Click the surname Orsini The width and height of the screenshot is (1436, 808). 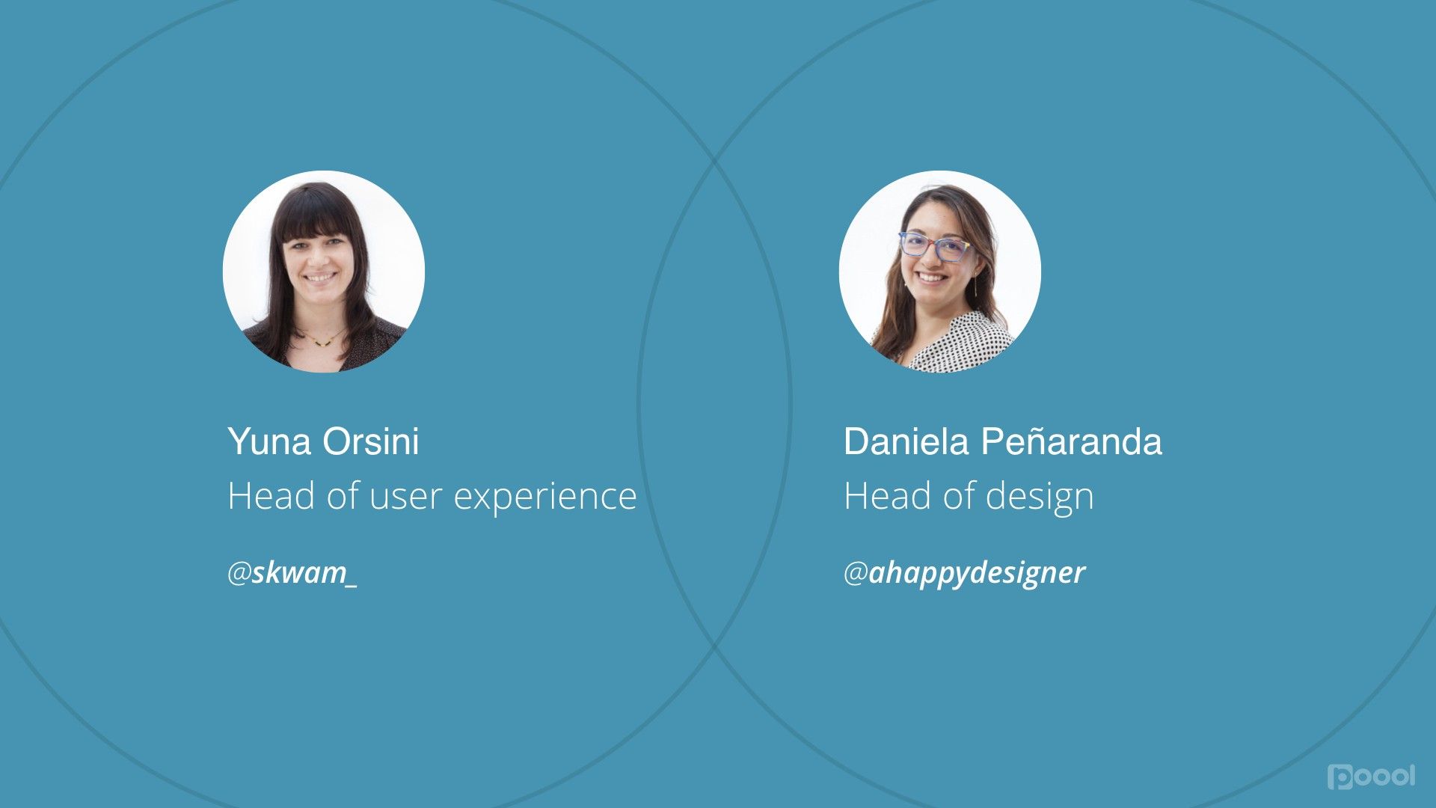[x=371, y=441]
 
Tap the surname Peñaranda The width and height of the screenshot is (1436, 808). [x=1072, y=441]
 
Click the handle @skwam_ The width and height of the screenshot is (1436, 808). [x=292, y=573]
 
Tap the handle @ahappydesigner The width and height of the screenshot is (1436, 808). [x=965, y=574]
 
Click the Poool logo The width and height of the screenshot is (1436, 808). [x=1372, y=777]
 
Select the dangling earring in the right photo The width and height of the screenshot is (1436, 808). [x=975, y=287]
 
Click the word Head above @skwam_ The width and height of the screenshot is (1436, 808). [x=271, y=496]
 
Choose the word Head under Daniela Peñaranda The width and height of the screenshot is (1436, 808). [x=888, y=496]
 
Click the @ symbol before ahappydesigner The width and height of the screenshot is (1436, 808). [x=856, y=574]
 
